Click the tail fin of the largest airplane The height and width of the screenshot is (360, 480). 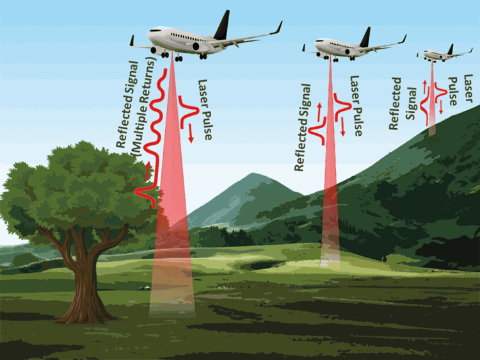(x=223, y=26)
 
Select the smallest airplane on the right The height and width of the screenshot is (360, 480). (x=444, y=54)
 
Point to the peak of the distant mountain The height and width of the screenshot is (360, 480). (x=252, y=174)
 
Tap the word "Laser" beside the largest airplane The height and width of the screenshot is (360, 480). (x=203, y=93)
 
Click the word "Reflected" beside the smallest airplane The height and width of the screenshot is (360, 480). (x=395, y=104)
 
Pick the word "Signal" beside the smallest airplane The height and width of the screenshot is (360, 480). (x=411, y=104)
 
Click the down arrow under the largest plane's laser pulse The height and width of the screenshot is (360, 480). (x=191, y=133)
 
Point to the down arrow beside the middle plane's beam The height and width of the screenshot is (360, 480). (x=342, y=127)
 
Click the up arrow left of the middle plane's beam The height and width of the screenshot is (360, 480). (x=319, y=112)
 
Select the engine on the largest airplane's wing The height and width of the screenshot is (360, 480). (x=196, y=47)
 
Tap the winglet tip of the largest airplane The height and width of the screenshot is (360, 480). (x=281, y=22)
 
